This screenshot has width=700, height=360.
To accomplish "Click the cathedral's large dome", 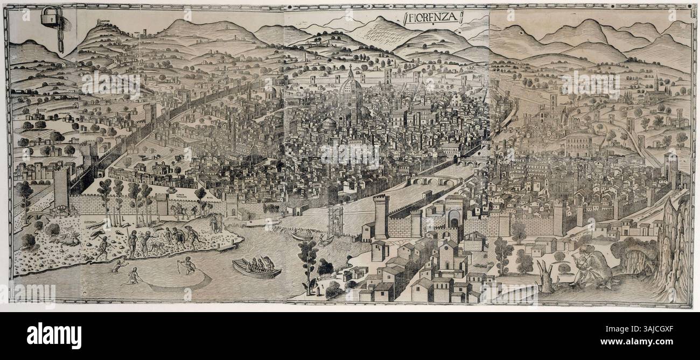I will pos(350,93).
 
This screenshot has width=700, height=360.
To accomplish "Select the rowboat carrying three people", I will pos(256,267).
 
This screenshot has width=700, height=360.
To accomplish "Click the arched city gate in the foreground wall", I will pos(454,218).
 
